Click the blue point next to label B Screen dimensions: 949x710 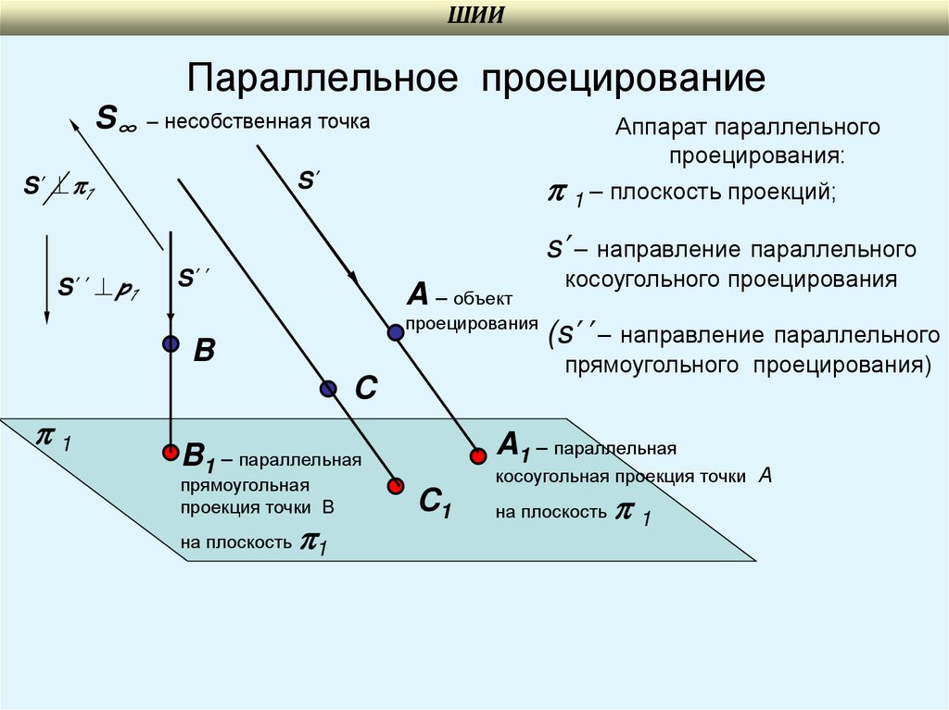(x=170, y=344)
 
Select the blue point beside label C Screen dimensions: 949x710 (x=327, y=389)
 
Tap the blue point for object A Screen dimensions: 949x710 (x=396, y=331)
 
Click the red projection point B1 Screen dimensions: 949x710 (x=170, y=453)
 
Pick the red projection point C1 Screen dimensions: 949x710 (x=397, y=484)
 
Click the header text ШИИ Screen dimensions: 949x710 (x=475, y=18)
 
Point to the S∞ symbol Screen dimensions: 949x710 (x=116, y=119)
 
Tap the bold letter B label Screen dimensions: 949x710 (x=204, y=351)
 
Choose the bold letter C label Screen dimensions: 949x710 (x=365, y=387)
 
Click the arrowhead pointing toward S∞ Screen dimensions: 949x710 (x=73, y=123)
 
